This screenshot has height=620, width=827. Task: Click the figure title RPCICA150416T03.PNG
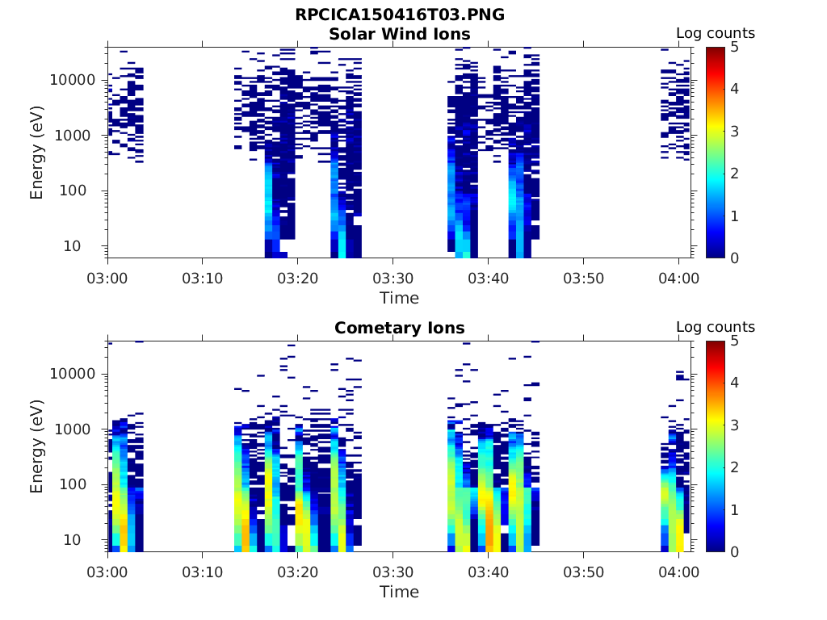click(x=399, y=15)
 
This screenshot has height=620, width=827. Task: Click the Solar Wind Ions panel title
click(x=399, y=34)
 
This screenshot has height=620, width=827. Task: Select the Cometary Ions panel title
click(x=399, y=328)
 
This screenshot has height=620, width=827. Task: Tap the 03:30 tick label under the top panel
click(x=393, y=279)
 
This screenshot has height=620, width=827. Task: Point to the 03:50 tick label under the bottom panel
click(x=583, y=572)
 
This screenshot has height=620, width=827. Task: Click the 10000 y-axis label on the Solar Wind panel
click(x=73, y=80)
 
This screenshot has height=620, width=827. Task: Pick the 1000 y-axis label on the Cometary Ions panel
click(x=78, y=429)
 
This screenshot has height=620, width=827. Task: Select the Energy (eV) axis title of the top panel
click(x=37, y=153)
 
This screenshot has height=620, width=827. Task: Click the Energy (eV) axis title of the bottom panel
click(x=37, y=446)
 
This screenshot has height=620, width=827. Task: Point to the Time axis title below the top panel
click(x=399, y=298)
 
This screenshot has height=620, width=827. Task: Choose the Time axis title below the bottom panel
click(x=399, y=592)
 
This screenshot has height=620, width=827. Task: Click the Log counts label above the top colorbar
click(x=715, y=33)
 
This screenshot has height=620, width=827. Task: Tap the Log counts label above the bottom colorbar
click(x=715, y=327)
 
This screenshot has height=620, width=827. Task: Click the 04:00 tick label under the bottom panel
click(x=678, y=572)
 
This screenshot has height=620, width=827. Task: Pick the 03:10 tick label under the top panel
click(x=202, y=279)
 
